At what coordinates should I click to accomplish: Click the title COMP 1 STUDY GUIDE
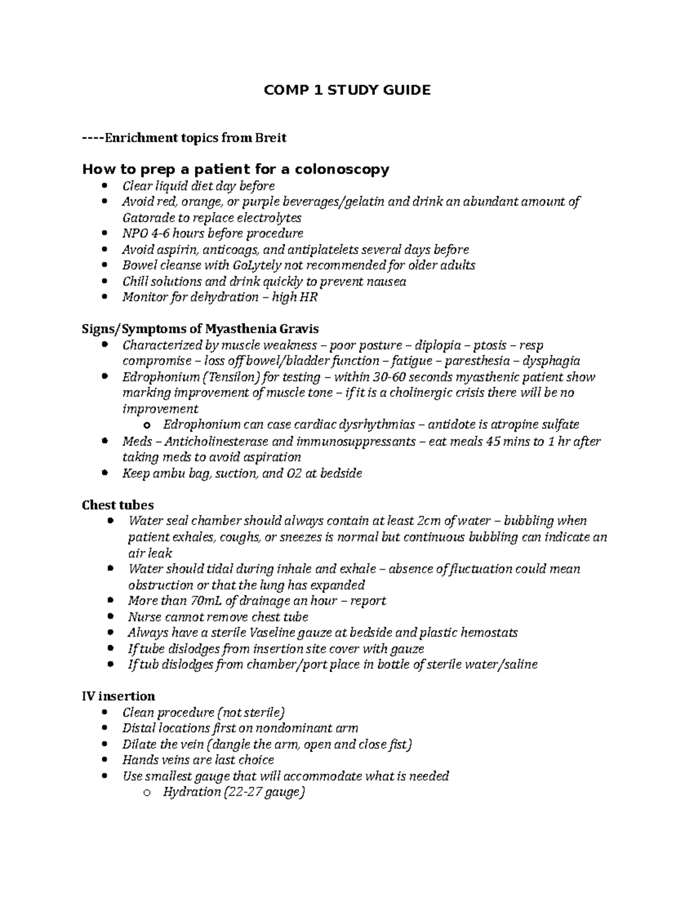click(x=347, y=90)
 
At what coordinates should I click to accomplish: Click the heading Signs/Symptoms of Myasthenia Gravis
click(x=200, y=329)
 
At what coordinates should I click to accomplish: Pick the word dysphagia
click(x=551, y=361)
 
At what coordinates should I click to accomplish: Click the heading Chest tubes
click(x=118, y=505)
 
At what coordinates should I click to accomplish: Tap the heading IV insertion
click(x=119, y=696)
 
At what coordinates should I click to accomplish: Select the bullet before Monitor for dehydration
click(x=105, y=297)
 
